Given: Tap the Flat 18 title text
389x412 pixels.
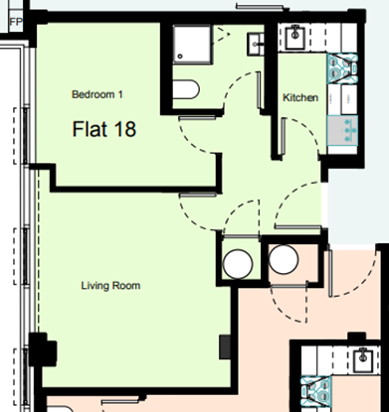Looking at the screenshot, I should point(104,129).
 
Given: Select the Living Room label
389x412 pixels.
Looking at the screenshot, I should point(110,286).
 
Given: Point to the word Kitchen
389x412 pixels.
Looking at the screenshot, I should point(300,98).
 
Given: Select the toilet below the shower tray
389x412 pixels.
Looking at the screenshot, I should point(185,89).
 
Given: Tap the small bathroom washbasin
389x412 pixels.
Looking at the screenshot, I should point(257,43).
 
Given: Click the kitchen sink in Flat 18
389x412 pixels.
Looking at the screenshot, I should point(296,39).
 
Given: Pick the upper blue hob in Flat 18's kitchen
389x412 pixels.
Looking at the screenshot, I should point(343,69).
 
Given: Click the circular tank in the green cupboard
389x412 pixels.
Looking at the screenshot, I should point(237,263).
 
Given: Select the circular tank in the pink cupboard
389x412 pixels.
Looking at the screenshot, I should point(284,263).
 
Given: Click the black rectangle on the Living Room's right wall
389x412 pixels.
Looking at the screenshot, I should point(225,345).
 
